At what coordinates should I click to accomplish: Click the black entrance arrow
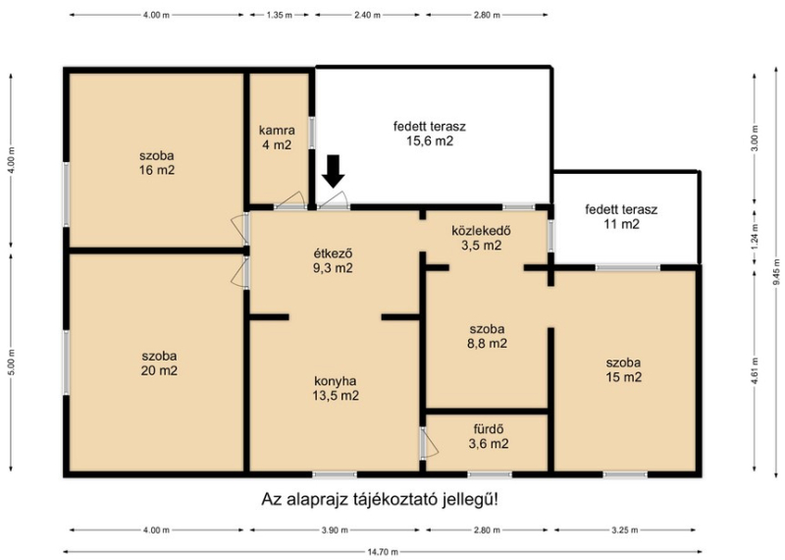pos(333,172)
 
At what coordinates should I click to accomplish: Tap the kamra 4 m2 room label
pos(277,138)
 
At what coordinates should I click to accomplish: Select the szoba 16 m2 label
pos(157,163)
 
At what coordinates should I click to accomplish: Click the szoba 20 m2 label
pos(159,364)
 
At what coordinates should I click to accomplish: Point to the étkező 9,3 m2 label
pos(333,260)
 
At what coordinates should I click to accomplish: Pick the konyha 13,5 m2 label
pos(336,388)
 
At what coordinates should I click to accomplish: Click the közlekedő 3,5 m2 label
pos(481,238)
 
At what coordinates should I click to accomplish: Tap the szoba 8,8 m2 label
pos(488,336)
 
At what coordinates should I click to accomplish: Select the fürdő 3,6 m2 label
pos(489,436)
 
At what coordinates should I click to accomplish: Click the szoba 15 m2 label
pos(623,370)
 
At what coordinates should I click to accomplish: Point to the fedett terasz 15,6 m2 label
pos(430,134)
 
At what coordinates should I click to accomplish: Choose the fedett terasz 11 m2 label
pos(621,216)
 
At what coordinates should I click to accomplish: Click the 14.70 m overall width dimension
pos(382,552)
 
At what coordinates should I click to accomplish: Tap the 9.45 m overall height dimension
pos(776,272)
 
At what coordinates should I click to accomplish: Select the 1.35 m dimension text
pos(280,15)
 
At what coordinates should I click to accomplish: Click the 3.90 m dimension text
pos(336,530)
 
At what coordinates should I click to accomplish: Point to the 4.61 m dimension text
pos(755,370)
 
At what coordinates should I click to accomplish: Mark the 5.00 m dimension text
pos(11,361)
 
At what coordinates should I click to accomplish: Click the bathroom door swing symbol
pos(429,443)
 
